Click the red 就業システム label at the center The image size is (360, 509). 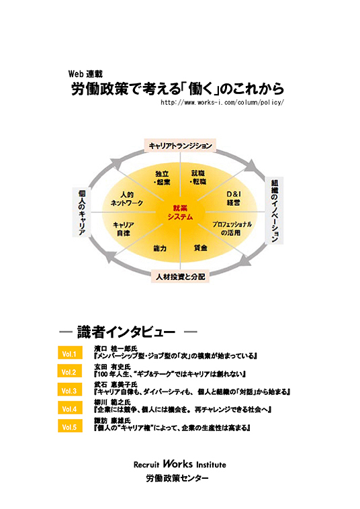point(180,212)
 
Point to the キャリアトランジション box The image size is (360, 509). point(180,146)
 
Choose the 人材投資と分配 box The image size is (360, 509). point(180,277)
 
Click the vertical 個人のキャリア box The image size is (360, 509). point(82,212)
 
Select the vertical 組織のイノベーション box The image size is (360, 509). point(275,210)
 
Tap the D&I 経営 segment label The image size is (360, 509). point(234,198)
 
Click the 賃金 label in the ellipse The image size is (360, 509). point(200,247)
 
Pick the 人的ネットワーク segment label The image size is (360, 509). point(126,199)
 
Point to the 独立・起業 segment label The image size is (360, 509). point(162,178)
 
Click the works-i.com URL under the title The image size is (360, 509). point(222,103)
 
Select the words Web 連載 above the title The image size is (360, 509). point(85,74)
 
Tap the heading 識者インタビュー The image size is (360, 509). point(126,332)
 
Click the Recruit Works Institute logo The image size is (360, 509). point(180,464)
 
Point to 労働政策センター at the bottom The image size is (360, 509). point(177,478)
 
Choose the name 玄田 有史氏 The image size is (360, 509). point(112,367)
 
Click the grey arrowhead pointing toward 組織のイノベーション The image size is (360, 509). point(253,166)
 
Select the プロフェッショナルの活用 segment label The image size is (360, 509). point(232,228)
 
